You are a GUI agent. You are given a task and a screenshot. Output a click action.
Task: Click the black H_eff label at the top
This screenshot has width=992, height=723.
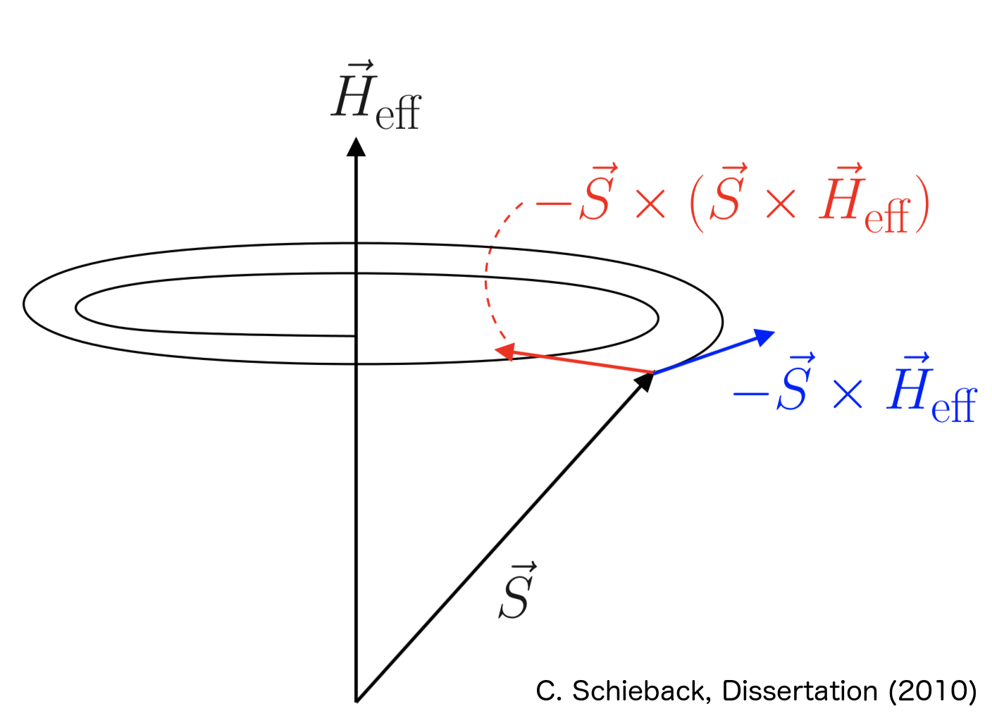tap(376, 99)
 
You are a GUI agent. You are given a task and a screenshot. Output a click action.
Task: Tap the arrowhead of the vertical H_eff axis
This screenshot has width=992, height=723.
tap(356, 147)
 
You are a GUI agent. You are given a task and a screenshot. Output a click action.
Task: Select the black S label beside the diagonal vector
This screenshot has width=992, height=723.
tap(517, 592)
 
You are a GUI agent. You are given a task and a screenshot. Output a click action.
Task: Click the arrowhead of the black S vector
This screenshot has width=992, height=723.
tap(645, 381)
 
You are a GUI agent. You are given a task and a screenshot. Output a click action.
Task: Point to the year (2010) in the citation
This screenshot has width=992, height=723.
tap(933, 691)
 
